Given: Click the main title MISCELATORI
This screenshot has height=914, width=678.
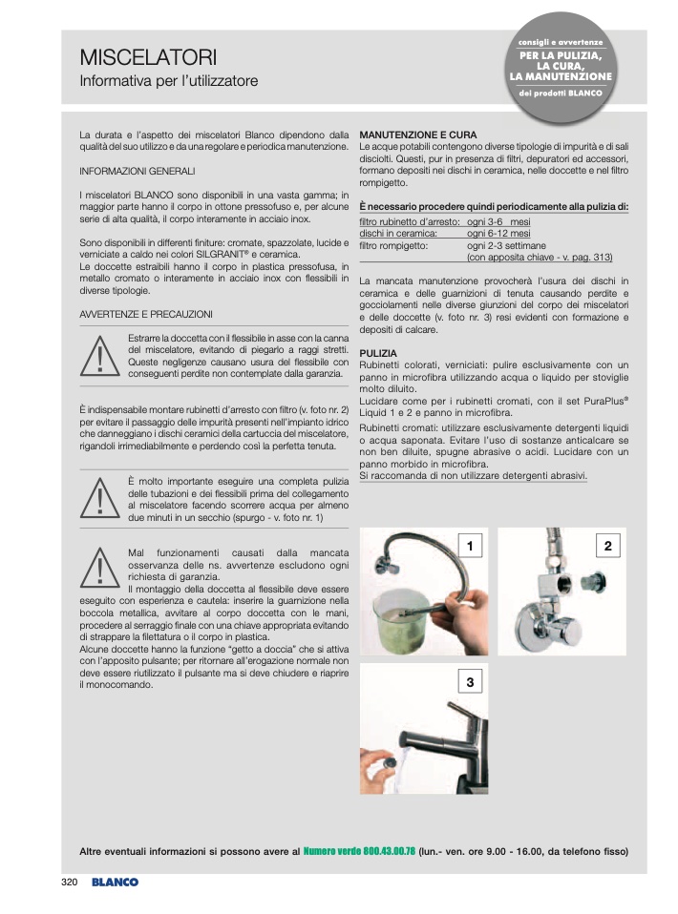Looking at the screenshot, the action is point(148,57).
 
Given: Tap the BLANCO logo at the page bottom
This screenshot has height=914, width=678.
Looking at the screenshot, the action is point(115,882).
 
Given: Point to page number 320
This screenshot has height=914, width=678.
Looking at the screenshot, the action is point(69,882).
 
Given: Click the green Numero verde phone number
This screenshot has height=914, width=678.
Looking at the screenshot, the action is point(359,851).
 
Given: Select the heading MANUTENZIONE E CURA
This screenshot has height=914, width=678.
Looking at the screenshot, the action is point(417,135).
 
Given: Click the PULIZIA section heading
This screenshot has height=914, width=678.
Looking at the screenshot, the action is point(378,353).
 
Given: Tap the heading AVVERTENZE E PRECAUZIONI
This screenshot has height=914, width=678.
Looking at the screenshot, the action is point(146,314).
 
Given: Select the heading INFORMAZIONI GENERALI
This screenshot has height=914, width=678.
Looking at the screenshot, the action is point(138,172).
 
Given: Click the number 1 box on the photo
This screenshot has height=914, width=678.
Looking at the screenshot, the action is point(470,546).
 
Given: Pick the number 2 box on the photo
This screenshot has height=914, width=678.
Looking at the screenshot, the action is point(608,546).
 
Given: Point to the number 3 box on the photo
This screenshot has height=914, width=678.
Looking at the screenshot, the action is point(470,681).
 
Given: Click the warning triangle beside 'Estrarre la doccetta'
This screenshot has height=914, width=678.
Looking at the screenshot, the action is point(99,356).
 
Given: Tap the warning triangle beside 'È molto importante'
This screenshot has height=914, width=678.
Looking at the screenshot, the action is point(99,498).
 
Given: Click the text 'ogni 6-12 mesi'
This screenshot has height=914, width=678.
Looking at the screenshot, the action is point(498,233).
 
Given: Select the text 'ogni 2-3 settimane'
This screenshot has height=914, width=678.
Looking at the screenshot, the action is point(506,245).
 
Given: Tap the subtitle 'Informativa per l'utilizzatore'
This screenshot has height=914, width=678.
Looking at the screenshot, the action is point(169,81).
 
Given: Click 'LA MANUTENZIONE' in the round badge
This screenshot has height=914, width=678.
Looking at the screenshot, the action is point(561,76).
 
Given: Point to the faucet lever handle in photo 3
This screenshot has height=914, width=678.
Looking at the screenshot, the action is point(461,713).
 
